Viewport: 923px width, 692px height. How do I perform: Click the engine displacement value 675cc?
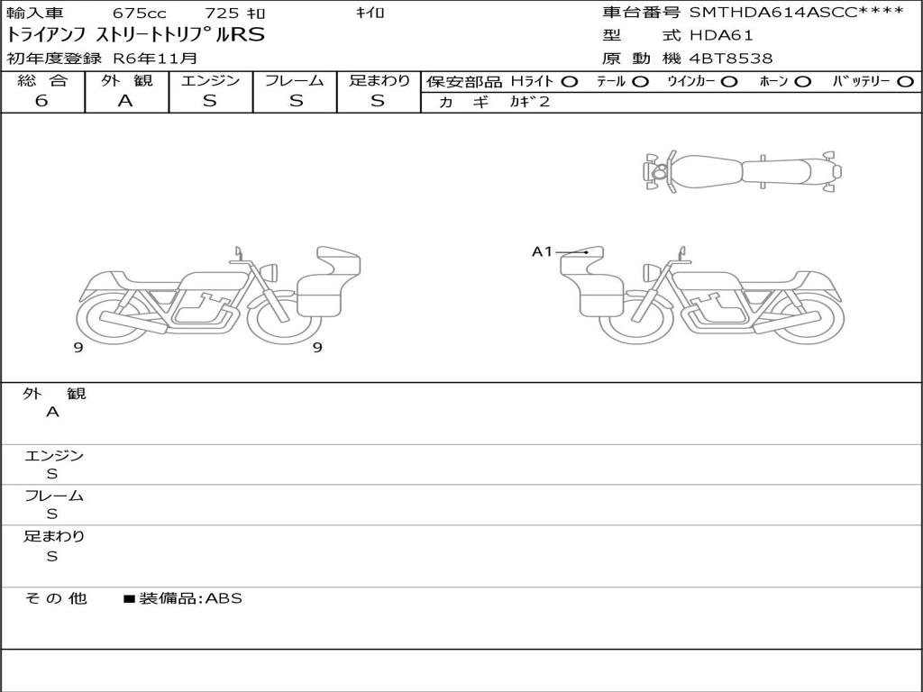click(x=139, y=13)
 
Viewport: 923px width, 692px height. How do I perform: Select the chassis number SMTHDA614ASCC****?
click(x=797, y=13)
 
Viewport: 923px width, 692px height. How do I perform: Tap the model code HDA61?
click(x=721, y=35)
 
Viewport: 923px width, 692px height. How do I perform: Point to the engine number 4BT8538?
click(x=731, y=59)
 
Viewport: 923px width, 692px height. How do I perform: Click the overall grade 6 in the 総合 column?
click(x=41, y=101)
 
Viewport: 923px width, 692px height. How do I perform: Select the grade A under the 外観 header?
click(x=125, y=101)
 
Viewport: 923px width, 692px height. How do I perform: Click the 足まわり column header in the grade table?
click(x=379, y=80)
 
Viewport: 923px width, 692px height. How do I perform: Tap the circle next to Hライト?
click(x=570, y=82)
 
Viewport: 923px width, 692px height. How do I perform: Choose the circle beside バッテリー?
click(x=906, y=82)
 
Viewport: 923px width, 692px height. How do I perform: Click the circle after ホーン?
click(x=802, y=82)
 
